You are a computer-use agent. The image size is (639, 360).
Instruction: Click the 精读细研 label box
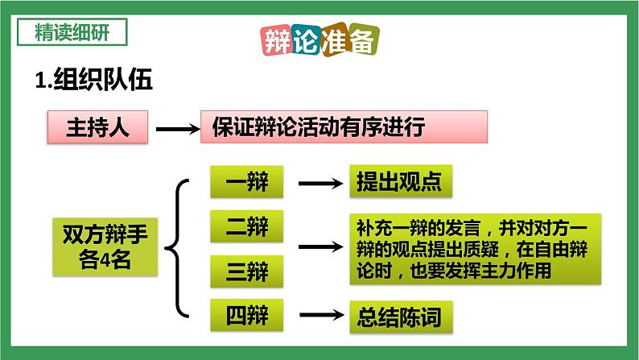click(x=71, y=33)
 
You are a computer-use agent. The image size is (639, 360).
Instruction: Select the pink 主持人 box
click(x=96, y=128)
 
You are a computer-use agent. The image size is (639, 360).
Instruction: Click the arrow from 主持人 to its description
click(x=175, y=128)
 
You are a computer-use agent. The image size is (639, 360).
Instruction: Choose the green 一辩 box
click(x=246, y=183)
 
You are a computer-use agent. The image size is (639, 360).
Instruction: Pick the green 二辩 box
click(x=246, y=228)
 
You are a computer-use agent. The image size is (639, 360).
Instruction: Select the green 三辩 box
click(x=246, y=273)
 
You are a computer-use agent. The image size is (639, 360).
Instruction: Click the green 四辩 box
click(x=246, y=314)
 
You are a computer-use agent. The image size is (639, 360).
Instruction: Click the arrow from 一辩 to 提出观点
click(x=319, y=184)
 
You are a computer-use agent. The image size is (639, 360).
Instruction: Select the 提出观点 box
click(x=394, y=183)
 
